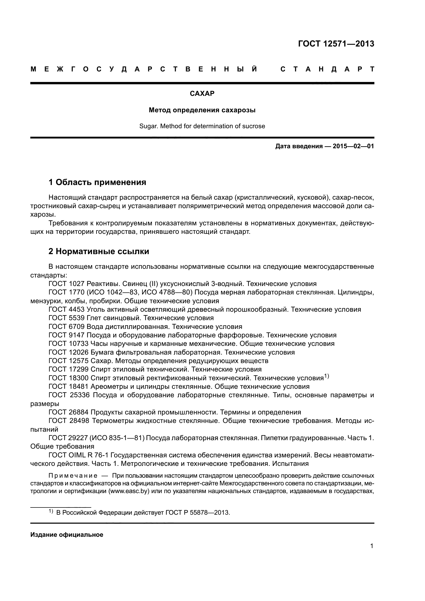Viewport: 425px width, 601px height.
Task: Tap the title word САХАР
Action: click(202, 94)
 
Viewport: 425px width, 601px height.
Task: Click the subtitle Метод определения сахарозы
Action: click(202, 110)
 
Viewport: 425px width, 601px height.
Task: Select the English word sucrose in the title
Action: click(254, 126)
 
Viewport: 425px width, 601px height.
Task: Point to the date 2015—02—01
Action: click(353, 146)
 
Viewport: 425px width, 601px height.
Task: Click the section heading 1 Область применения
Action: click(97, 182)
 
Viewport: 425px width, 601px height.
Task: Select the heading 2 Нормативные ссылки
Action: click(99, 251)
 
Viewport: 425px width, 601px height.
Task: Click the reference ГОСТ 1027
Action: click(67, 284)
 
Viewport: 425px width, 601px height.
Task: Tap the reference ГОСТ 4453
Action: click(67, 309)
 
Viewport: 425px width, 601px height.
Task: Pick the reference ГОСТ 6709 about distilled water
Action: click(67, 327)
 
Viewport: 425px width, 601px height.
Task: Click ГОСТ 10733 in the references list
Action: click(69, 344)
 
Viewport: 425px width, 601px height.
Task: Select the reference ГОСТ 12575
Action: click(69, 361)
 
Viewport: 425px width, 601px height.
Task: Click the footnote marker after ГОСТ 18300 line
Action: click(326, 376)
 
